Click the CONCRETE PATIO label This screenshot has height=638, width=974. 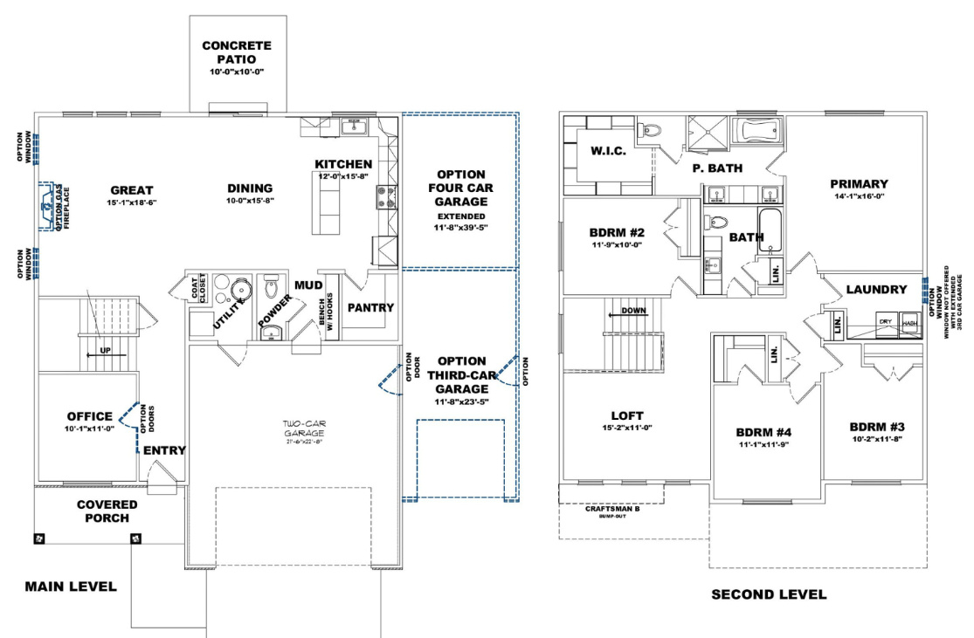pos(237,52)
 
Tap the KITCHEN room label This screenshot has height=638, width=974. pos(343,164)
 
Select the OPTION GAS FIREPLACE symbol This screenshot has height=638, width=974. pos(47,207)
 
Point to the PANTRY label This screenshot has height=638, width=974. pos(371,308)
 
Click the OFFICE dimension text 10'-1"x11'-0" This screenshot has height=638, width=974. pos(90,430)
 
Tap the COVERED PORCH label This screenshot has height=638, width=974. pos(107,511)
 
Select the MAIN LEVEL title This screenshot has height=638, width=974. pos(70,587)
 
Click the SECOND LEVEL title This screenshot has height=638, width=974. pos(769,594)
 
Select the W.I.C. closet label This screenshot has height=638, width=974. pos(608,151)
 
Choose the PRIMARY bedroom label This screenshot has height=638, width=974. pos(859,184)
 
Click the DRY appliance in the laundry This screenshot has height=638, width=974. pos(885,322)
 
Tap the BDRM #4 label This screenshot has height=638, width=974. pos(763,433)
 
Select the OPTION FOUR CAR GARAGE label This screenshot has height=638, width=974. pos(461,188)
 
